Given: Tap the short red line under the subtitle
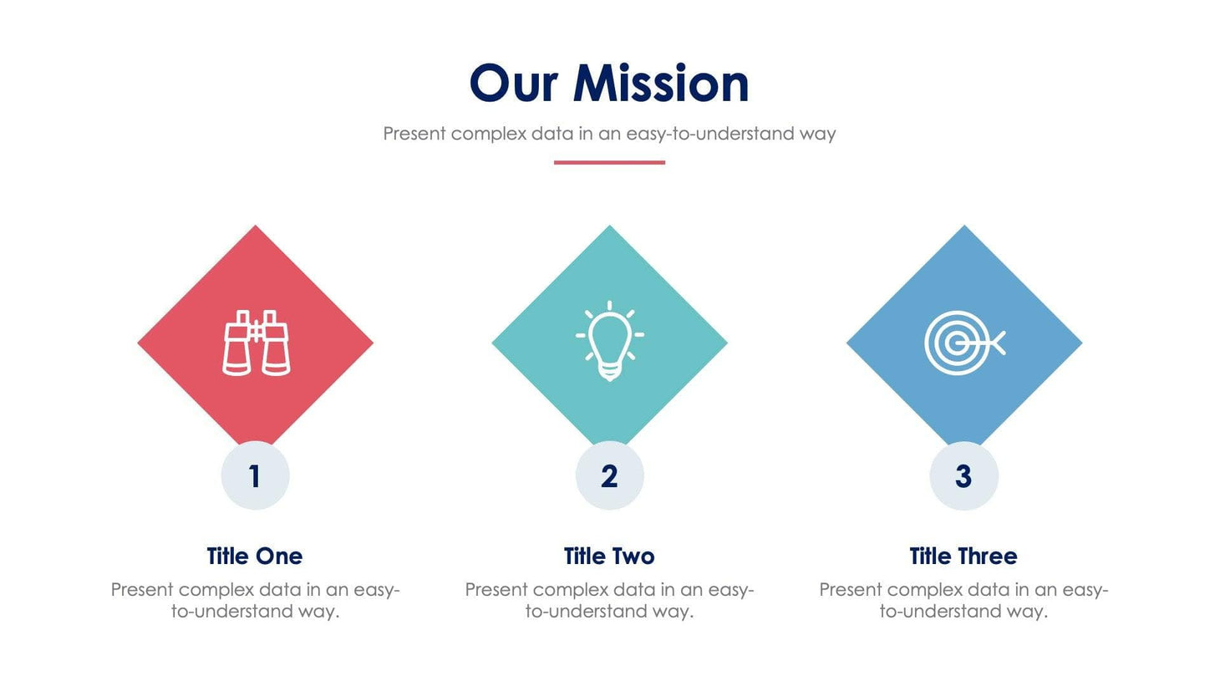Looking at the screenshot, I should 609,162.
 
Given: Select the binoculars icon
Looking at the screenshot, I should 256,343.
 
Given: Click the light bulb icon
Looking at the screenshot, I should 609,341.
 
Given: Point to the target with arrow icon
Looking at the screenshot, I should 963,343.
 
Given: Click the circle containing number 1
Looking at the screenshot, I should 255,475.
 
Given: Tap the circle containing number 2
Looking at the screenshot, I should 609,475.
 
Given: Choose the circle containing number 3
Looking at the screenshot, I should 963,475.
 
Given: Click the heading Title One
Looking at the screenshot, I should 255,556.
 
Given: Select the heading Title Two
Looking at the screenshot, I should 609,556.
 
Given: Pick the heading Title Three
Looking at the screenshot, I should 963,556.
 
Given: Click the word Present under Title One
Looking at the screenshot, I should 142,590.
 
